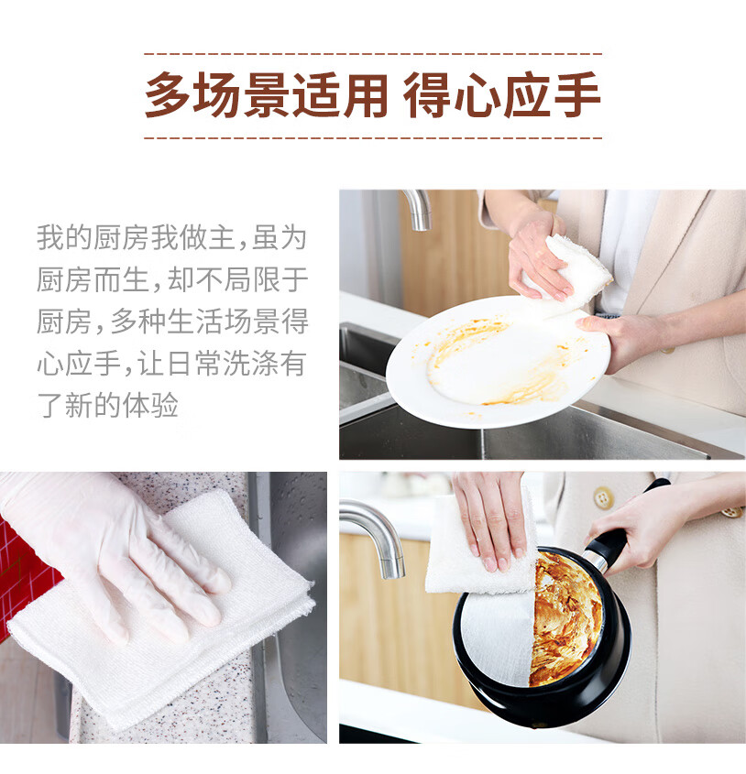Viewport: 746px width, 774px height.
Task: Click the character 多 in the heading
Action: [x=168, y=94]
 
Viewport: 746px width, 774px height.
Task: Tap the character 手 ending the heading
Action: [x=577, y=94]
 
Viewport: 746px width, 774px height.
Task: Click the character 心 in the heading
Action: [x=476, y=94]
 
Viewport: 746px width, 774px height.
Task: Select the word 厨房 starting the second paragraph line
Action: [x=65, y=279]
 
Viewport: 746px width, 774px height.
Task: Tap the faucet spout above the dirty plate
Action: [x=418, y=209]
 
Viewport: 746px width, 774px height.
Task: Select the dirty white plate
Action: [x=498, y=362]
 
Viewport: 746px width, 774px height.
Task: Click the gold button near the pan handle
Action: [x=603, y=497]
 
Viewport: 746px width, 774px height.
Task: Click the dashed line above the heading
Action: [x=373, y=53]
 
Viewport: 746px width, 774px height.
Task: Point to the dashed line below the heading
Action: [x=373, y=138]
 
